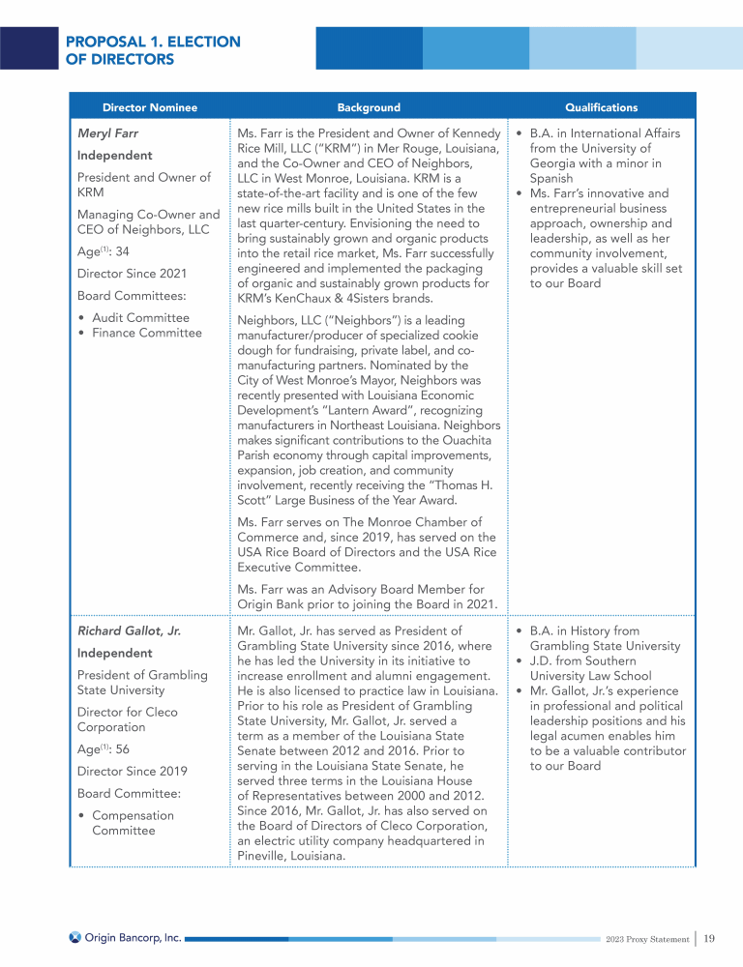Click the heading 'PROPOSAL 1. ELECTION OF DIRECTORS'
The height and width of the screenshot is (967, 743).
(x=153, y=50)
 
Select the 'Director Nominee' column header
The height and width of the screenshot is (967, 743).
(x=150, y=107)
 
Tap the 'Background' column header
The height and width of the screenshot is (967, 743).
(x=369, y=107)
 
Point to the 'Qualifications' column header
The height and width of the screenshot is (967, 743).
(x=601, y=107)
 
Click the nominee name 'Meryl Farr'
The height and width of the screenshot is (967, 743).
(x=107, y=134)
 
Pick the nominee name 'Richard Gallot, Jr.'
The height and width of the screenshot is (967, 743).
(x=129, y=631)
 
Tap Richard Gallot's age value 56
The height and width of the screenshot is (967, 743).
(x=122, y=748)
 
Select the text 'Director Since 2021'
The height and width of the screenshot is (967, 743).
(x=133, y=274)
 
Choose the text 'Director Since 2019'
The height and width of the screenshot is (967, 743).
(x=133, y=771)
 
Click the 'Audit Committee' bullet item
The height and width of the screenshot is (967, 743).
(x=140, y=318)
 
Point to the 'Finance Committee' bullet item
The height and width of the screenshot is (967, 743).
(x=147, y=334)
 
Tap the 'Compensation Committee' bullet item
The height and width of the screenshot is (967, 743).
(x=133, y=823)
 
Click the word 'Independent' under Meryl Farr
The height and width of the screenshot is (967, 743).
(x=114, y=156)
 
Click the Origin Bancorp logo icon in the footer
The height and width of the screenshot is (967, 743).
(x=74, y=937)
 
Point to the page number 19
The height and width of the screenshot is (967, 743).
(x=709, y=938)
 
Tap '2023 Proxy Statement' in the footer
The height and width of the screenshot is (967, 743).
(x=646, y=938)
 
